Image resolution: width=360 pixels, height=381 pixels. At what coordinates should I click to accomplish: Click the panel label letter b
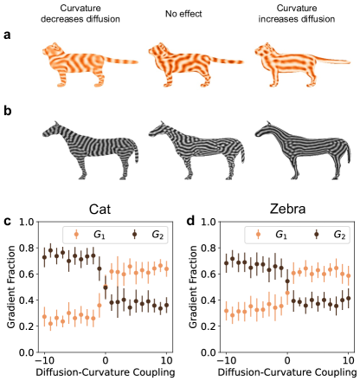(10, 113)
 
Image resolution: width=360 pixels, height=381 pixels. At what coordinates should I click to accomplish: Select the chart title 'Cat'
(106, 208)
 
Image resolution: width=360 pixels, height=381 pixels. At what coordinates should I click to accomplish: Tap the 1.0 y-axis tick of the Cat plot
(28, 221)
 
